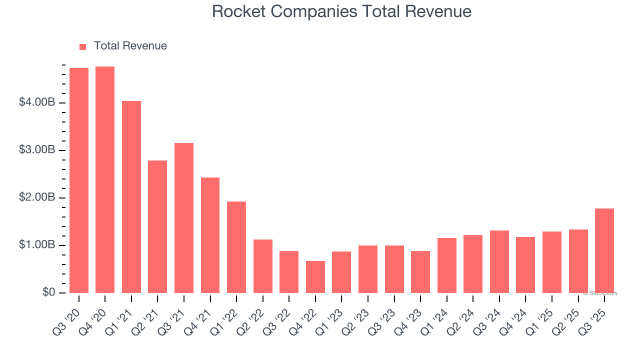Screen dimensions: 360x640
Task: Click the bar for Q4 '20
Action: tap(105, 180)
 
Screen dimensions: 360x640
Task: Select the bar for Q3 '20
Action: tap(79, 180)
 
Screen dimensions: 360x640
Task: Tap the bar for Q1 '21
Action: tap(131, 197)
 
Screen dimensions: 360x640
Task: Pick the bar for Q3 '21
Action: tap(184, 218)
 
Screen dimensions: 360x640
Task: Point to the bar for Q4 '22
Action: tap(315, 277)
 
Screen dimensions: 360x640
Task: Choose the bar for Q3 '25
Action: tap(604, 250)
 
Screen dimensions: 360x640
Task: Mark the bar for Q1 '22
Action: tap(236, 247)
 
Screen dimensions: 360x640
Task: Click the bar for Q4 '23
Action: tap(420, 272)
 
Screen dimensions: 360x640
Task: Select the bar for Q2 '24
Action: tap(473, 264)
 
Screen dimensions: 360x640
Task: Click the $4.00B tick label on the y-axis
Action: tap(37, 102)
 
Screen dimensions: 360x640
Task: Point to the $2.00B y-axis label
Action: tap(37, 197)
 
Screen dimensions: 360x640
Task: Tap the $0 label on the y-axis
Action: tap(48, 292)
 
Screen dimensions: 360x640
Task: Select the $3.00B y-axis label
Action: tap(37, 150)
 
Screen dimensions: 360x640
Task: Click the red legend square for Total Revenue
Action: tap(83, 46)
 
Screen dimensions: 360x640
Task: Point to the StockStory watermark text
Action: tap(601, 293)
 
